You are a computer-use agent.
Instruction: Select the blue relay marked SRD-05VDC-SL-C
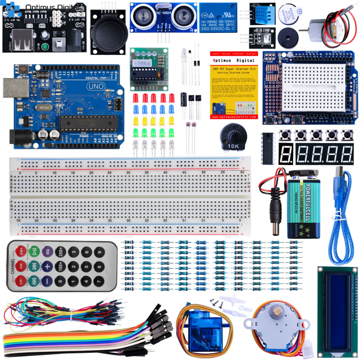220,17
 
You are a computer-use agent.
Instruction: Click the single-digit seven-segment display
286,154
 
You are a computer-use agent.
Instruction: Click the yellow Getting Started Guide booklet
234,84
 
